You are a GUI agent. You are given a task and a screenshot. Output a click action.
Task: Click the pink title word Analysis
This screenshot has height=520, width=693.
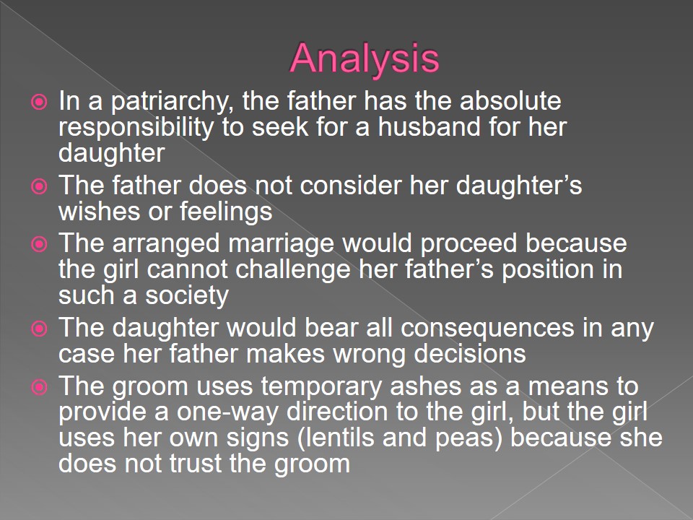[365, 58]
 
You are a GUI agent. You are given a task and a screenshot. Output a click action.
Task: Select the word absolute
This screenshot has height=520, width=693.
[510, 100]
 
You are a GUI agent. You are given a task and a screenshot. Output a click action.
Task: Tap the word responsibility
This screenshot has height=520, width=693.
[136, 128]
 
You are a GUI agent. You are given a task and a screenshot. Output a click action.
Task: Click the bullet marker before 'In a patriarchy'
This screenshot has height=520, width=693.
[39, 102]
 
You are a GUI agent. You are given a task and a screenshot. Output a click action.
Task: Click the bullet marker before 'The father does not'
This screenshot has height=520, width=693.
[39, 186]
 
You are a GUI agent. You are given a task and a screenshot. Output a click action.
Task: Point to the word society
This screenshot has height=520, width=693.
[187, 296]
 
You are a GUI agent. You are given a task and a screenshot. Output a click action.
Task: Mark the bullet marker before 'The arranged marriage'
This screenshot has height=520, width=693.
[39, 244]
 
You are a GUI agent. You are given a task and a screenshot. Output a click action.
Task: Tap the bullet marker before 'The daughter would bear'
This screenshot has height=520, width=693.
[39, 329]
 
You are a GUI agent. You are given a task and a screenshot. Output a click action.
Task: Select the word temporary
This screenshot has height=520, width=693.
[321, 387]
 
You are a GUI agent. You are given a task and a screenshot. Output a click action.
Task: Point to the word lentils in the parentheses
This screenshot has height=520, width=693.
[340, 438]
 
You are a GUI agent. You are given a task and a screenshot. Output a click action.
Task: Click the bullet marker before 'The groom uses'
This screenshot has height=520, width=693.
[39, 387]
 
